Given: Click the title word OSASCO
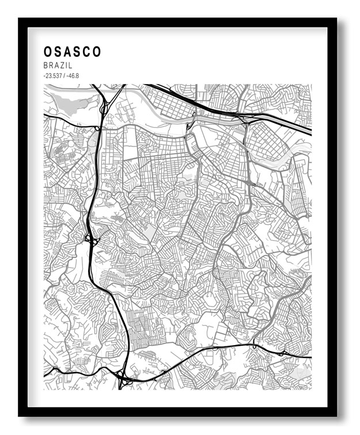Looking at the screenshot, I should pyautogui.click(x=72, y=52).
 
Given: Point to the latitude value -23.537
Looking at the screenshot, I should pyautogui.click(x=52, y=76).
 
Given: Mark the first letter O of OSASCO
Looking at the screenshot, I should pyautogui.click(x=48, y=52).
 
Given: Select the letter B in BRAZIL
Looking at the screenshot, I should pyautogui.click(x=46, y=66).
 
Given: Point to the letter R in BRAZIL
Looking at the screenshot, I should pyautogui.click(x=51, y=66).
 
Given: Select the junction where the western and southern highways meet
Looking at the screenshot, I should pyautogui.click(x=123, y=379).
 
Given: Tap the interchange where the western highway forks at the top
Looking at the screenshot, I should pyautogui.click(x=104, y=107).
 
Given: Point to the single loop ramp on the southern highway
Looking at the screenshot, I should pyautogui.click(x=253, y=346).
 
